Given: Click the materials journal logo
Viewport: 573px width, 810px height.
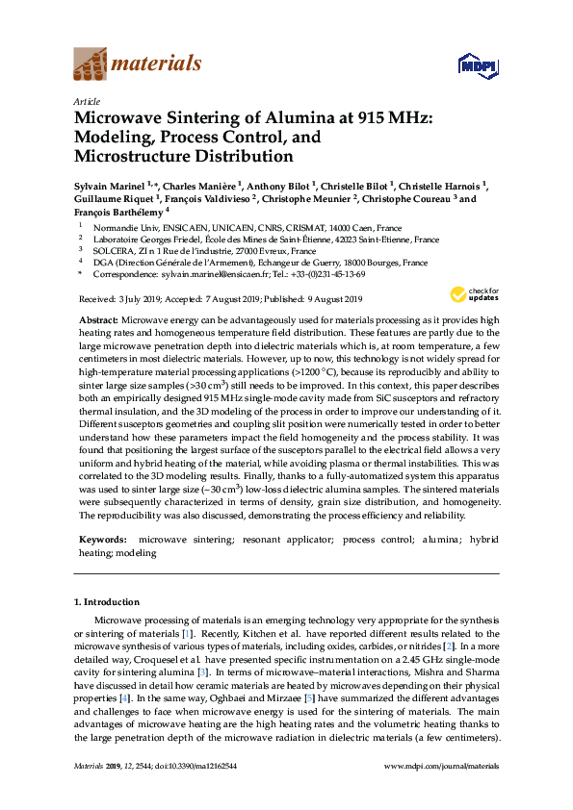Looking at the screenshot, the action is point(137,64).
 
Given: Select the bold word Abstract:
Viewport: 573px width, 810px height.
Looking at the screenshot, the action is point(97,317).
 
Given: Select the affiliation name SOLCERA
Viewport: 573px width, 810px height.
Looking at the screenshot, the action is point(109,250).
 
